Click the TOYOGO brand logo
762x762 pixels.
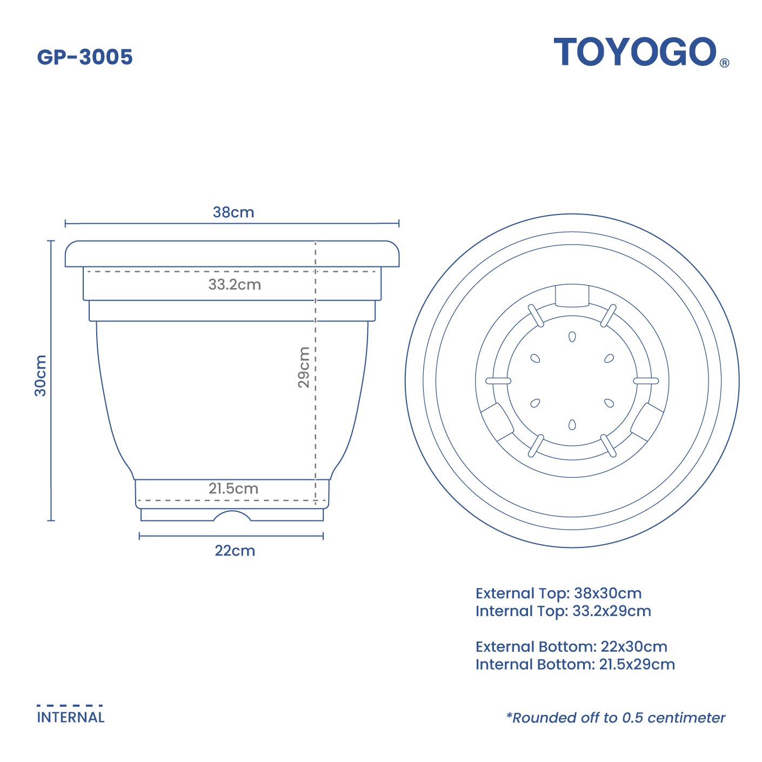635,52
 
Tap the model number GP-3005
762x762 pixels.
85,57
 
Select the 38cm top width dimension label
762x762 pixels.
233,212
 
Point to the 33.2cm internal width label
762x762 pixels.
235,284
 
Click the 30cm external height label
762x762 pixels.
41,376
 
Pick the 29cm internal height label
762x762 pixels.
304,367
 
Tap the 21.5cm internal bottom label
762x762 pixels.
233,489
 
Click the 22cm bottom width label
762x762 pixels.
235,551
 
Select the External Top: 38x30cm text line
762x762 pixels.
558,593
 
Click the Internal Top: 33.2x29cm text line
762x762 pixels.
563,611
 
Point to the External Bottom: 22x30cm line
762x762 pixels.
571,647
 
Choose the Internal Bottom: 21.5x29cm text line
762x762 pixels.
575,665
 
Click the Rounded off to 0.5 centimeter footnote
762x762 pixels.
616,718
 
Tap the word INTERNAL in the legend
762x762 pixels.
71,718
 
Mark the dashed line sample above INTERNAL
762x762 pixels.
70,705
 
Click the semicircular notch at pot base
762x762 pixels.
232,517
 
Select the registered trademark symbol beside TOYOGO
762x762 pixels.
725,63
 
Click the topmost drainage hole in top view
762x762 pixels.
572,337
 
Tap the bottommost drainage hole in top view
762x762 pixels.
572,425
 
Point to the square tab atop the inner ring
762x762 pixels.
572,296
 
